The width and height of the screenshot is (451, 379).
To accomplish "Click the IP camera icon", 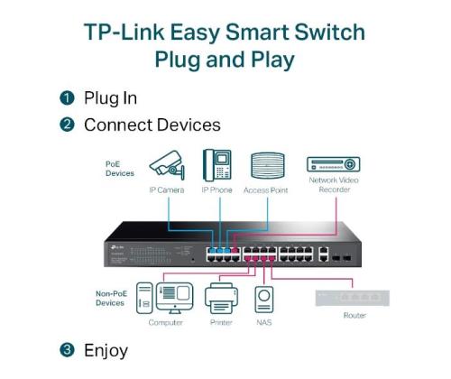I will (167, 167).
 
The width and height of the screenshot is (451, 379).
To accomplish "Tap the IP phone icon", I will (216, 166).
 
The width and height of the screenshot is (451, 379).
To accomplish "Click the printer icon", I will (220, 297).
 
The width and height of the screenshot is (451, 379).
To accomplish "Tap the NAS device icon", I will (264, 299).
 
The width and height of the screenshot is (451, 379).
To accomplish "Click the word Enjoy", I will (106, 349).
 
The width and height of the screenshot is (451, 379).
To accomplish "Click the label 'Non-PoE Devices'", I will (110, 298).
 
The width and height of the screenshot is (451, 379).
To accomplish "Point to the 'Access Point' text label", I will (267, 190).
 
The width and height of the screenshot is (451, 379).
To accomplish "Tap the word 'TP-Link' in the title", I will (121, 33).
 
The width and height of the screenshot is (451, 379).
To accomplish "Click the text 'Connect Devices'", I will (152, 125).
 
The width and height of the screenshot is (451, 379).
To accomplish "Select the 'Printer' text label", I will (219, 322).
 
